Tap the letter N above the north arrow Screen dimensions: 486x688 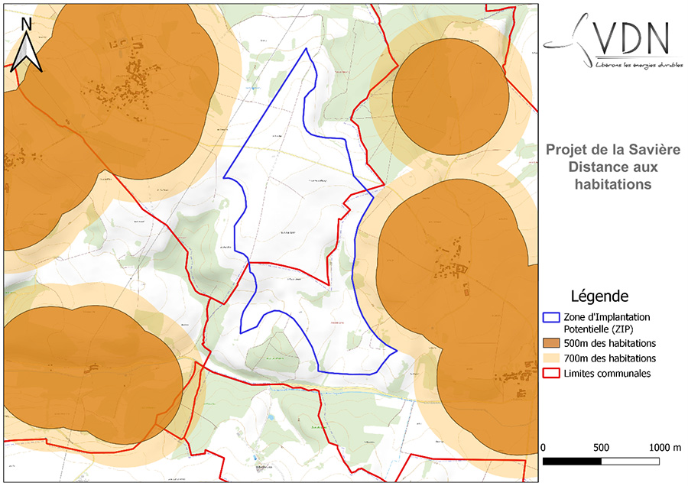click(27, 24)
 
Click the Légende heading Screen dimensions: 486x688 click(600, 296)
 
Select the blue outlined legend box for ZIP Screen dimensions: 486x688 click(551, 316)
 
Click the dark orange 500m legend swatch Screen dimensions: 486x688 click(551, 342)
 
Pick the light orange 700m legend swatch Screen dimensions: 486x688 click(551, 358)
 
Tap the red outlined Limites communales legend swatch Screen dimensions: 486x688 click(551, 374)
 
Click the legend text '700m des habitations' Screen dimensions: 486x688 click(609, 358)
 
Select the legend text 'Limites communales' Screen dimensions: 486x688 click(607, 374)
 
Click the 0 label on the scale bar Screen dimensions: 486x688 click(543, 446)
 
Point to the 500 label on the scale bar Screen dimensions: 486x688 click(601, 446)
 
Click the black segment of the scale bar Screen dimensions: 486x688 click(572, 462)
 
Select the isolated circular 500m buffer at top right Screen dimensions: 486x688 click(450, 95)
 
